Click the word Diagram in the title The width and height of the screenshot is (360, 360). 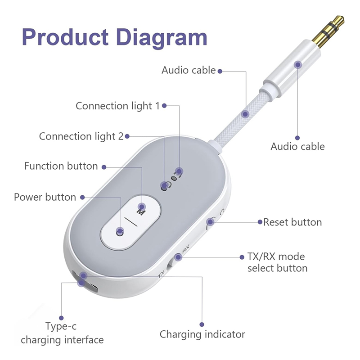162,38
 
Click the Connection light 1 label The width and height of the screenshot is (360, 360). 117,106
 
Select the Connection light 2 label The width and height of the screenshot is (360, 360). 81,136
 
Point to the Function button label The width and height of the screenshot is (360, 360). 61,166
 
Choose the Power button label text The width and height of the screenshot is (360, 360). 45,197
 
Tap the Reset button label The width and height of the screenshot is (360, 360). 292,222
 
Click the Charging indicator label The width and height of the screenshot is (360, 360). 202,334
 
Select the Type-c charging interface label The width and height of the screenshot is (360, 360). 62,333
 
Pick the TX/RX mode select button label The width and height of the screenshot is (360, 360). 277,262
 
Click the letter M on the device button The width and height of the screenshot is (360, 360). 141,211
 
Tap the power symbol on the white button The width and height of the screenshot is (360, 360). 120,233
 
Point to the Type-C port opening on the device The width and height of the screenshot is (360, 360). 85,282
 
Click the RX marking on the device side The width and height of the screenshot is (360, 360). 185,249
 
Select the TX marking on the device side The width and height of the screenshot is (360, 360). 162,274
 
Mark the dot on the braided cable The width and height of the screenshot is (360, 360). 245,114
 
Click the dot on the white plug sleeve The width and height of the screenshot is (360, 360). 298,65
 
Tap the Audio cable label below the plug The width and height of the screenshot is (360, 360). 297,147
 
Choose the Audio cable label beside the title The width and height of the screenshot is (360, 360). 189,70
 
